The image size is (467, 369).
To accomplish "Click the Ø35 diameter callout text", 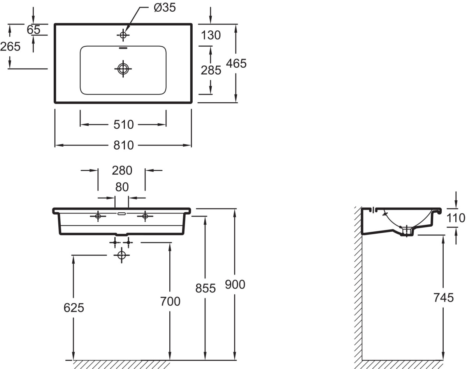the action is click(x=165, y=8).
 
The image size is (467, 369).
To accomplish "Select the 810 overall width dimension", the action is click(x=123, y=145).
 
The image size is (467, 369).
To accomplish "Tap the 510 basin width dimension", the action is click(x=123, y=125).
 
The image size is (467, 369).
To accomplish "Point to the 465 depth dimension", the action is click(x=236, y=63).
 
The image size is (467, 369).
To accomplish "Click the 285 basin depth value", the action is click(x=211, y=70).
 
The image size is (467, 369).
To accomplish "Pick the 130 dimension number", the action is click(x=211, y=35).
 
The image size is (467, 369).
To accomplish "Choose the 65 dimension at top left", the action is click(x=33, y=30).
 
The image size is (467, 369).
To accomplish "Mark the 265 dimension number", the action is click(x=10, y=46).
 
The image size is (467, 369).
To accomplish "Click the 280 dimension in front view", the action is click(x=122, y=170).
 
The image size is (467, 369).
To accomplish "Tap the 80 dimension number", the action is click(x=122, y=187).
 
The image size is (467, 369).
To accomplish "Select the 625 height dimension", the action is click(x=74, y=308).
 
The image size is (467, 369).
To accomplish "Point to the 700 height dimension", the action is click(x=170, y=301).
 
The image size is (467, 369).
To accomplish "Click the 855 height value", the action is click(x=205, y=288).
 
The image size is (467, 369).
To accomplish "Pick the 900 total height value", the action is click(x=235, y=285).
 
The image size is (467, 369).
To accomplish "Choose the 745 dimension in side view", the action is click(x=444, y=297).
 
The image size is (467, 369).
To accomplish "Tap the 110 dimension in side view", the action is click(x=456, y=218).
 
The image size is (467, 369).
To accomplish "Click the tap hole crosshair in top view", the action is click(x=123, y=35).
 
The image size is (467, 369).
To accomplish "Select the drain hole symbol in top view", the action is click(x=123, y=69).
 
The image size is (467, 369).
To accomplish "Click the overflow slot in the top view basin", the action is click(x=123, y=48).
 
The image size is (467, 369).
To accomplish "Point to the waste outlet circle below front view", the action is click(x=121, y=255).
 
